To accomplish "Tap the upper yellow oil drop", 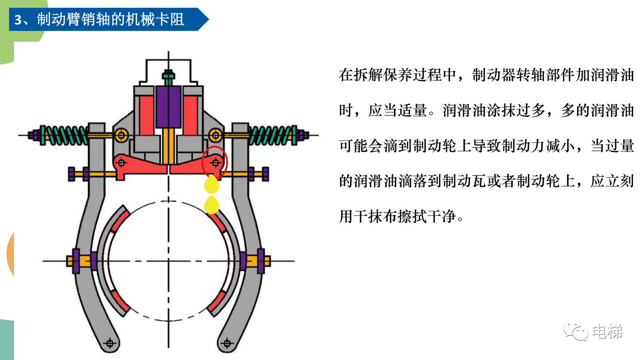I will (x=212, y=184).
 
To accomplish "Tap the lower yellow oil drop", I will (x=212, y=205).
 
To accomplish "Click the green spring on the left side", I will (x=65, y=135).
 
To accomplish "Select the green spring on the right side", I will (x=272, y=135).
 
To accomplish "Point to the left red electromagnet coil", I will (x=146, y=115).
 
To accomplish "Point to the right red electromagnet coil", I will (x=190, y=115).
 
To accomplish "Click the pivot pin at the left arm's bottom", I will (x=110, y=343).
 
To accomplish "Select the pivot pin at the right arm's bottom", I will (x=227, y=343).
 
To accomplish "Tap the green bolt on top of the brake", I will (x=168, y=76).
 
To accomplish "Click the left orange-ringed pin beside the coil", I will (x=121, y=135).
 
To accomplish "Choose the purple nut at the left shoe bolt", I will (x=76, y=261).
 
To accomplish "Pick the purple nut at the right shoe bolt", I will (x=261, y=261).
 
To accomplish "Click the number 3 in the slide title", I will (x=18, y=20).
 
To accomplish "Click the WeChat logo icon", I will (x=575, y=331).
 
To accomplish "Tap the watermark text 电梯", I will (x=607, y=331).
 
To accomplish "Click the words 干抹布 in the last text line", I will (x=383, y=216).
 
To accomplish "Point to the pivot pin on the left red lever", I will (x=121, y=162).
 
